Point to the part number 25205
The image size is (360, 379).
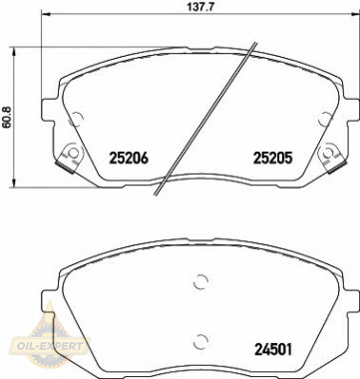click(x=268, y=157)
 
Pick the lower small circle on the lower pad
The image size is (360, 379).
click(x=200, y=339)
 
